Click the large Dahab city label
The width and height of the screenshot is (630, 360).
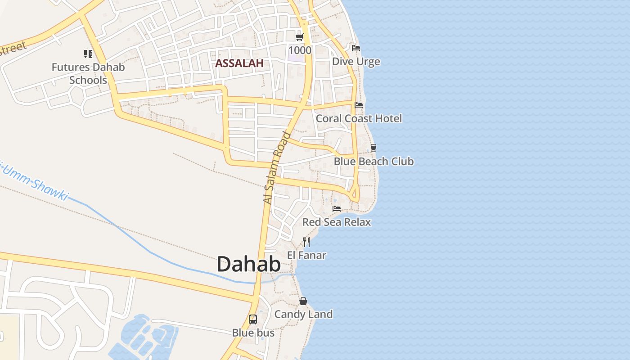click(249, 264)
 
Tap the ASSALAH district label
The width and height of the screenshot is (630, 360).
click(239, 63)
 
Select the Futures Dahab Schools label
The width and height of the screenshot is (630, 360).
click(88, 73)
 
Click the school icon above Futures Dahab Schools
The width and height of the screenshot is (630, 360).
click(88, 54)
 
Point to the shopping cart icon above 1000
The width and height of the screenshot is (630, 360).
click(300, 37)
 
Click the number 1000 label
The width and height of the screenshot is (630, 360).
click(300, 50)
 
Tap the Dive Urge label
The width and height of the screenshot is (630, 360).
click(356, 62)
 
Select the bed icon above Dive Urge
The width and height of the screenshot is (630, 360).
click(356, 48)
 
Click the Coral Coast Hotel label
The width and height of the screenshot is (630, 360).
click(359, 118)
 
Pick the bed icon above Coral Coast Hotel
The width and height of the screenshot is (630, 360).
click(359, 105)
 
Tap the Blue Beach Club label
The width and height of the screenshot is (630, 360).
click(373, 161)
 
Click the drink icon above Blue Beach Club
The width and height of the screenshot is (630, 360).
click(373, 148)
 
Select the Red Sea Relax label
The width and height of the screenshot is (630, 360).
click(337, 222)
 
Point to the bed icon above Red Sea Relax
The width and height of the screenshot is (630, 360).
click(337, 208)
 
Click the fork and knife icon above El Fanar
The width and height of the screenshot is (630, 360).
click(306, 242)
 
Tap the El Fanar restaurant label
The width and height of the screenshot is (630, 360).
click(306, 255)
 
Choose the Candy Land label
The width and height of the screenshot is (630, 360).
click(303, 314)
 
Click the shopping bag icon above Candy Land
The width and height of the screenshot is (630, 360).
click(303, 301)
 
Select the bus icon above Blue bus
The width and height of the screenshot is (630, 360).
click(253, 319)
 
